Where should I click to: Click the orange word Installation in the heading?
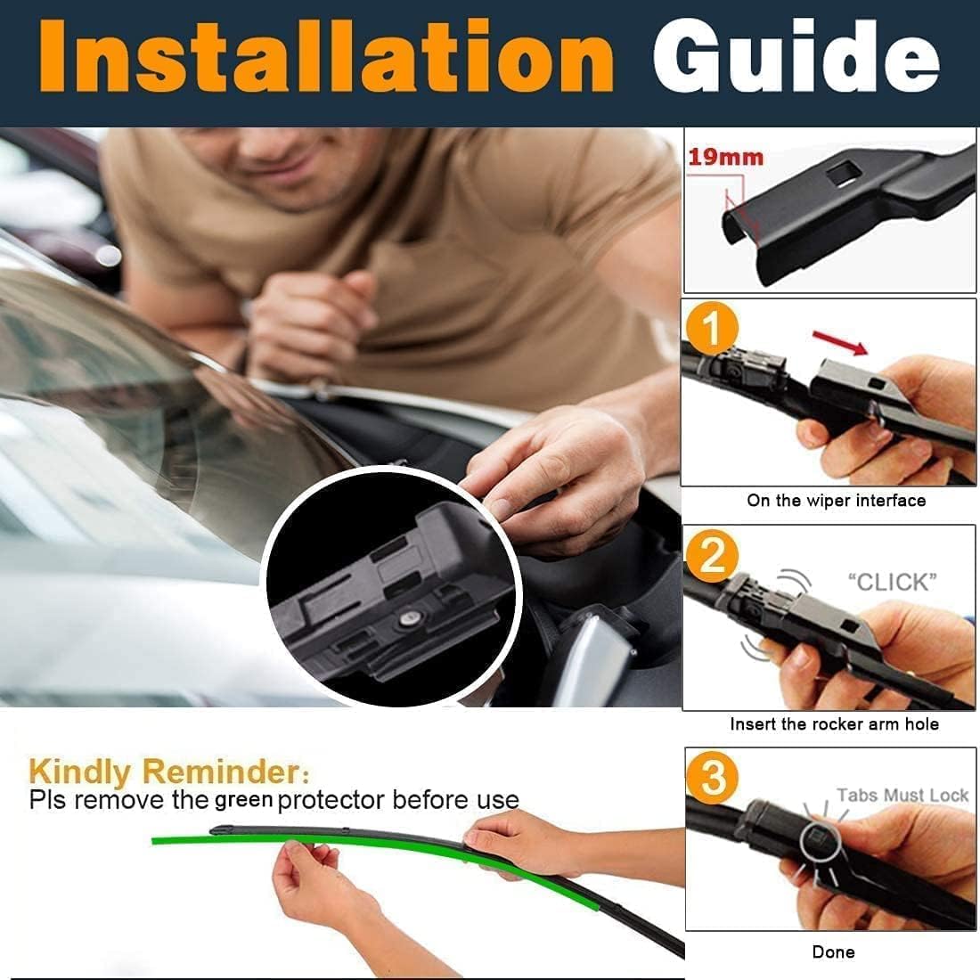pyautogui.click(x=325, y=56)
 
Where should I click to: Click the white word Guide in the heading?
pyautogui.click(x=796, y=56)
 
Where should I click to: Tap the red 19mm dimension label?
pyautogui.click(x=725, y=157)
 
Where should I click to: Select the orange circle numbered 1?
pyautogui.click(x=712, y=328)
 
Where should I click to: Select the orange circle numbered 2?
pyautogui.click(x=712, y=555)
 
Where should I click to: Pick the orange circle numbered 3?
pyautogui.click(x=713, y=778)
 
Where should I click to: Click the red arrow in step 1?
pyautogui.click(x=841, y=342)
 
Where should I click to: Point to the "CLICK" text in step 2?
pyautogui.click(x=893, y=582)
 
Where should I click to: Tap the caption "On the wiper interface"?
pyautogui.click(x=837, y=501)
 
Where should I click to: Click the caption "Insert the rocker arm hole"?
pyautogui.click(x=835, y=723)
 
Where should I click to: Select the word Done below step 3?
pyautogui.click(x=833, y=951)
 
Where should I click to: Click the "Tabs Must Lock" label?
pyautogui.click(x=902, y=795)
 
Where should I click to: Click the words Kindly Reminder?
pyautogui.click(x=168, y=772)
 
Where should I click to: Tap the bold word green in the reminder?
pyautogui.click(x=244, y=801)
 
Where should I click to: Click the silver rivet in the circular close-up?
pyautogui.click(x=410, y=619)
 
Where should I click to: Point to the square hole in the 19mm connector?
pyautogui.click(x=841, y=172)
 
